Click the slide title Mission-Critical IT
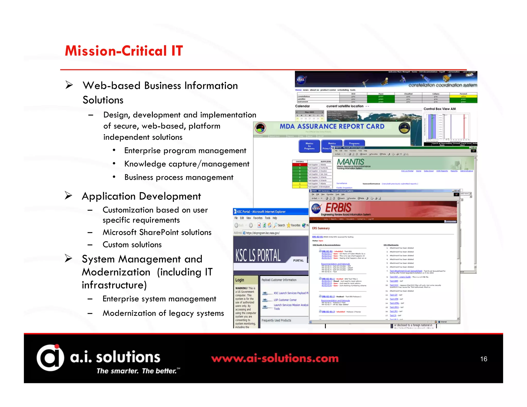pos(124,51)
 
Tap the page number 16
pos(484,359)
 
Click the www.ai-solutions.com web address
pos(275,358)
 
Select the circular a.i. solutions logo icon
pos(50,358)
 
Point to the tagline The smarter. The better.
pos(137,371)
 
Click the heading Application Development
pos(141,196)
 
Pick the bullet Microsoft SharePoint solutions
pos(157,232)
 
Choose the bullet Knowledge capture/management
pos(187,164)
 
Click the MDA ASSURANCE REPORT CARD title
pos(332,126)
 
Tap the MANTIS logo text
pos(350,162)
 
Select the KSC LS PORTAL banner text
pos(258,255)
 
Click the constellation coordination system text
pos(442,85)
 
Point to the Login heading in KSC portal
pos(240,280)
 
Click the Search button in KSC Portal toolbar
pos(279,225)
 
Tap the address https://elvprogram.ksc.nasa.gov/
pos(263,233)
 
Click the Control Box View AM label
pos(440,109)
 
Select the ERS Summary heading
pos(321,228)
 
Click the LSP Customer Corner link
pos(285,300)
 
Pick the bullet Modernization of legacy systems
pos(163,313)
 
